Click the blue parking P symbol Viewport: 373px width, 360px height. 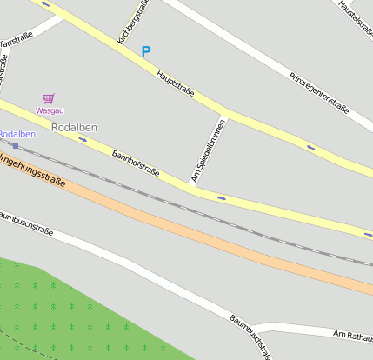pyautogui.click(x=146, y=52)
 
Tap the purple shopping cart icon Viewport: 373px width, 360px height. pyautogui.click(x=49, y=99)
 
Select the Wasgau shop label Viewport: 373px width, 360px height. pyautogui.click(x=49, y=110)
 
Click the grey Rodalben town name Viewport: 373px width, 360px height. pyautogui.click(x=75, y=127)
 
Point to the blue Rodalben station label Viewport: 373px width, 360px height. pyautogui.click(x=17, y=134)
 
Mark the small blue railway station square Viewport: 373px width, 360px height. pyautogui.click(x=15, y=145)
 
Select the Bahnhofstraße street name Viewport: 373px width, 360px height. pyautogui.click(x=136, y=163)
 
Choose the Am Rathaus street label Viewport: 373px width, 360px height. pyautogui.click(x=352, y=336)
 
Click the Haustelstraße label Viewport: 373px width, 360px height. pyautogui.click(x=355, y=18)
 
